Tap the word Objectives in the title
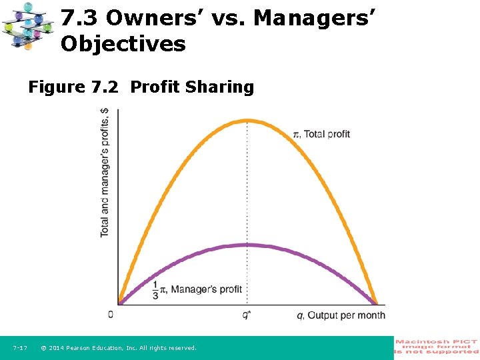coord(123,45)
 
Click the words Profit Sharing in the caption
coord(192,87)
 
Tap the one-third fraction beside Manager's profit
coord(155,289)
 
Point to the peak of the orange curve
coord(248,121)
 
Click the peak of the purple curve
coord(248,245)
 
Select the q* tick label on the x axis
coord(247,315)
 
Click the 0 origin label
coord(111,314)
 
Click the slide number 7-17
coord(20,348)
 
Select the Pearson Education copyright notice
coord(118,348)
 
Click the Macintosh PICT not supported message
coord(437,347)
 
